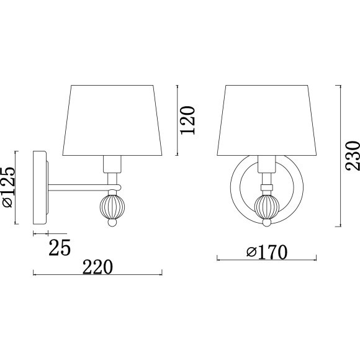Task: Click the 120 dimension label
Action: (x=187, y=120)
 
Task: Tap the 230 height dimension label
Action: (x=353, y=156)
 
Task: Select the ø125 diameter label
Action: (x=9, y=187)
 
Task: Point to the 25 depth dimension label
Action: (x=60, y=248)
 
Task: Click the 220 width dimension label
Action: (x=97, y=267)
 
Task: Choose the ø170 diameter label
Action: (x=267, y=252)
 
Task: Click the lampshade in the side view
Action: (x=112, y=120)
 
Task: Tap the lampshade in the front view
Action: (x=267, y=120)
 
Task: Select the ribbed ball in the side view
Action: (x=112, y=207)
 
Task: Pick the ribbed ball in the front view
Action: (x=267, y=207)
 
